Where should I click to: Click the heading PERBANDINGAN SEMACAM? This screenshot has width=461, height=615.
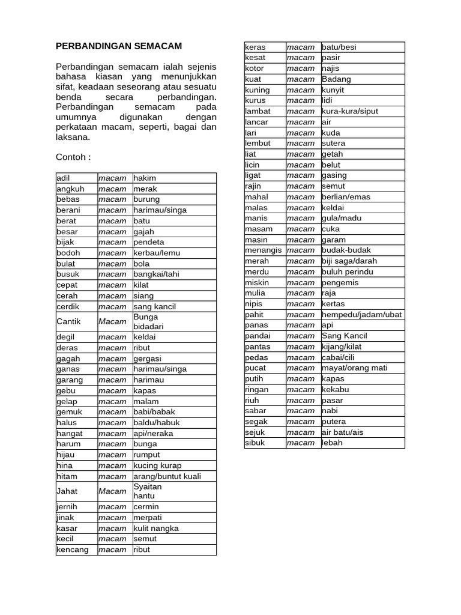[x=119, y=46]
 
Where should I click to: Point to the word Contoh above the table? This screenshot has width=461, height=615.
[x=73, y=157]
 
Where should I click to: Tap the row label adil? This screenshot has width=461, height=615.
[x=64, y=178]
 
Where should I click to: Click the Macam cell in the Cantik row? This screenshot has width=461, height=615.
[x=112, y=321]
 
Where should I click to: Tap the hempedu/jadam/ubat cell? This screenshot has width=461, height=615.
[x=362, y=315]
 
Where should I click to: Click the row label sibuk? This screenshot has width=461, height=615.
[x=255, y=443]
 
